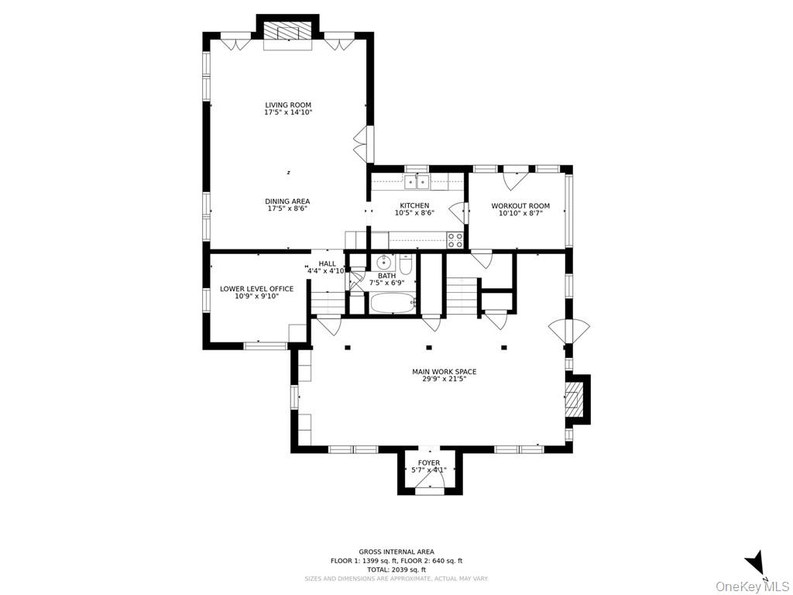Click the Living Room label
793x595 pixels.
pyautogui.click(x=288, y=105)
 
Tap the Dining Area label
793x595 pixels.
pyautogui.click(x=288, y=201)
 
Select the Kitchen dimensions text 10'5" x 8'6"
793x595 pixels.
pyautogui.click(x=414, y=213)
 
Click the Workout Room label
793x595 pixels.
pyautogui.click(x=520, y=206)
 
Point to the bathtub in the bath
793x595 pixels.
pyautogui.click(x=393, y=302)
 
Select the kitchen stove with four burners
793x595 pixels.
pyautogui.click(x=455, y=241)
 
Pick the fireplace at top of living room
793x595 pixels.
pyautogui.click(x=287, y=32)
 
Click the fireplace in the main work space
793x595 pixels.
pyautogui.click(x=574, y=399)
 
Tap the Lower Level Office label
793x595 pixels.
pyautogui.click(x=256, y=289)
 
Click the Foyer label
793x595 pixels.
pyautogui.click(x=429, y=463)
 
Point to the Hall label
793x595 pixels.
pyautogui.click(x=327, y=263)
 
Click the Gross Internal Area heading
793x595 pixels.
pyautogui.click(x=396, y=552)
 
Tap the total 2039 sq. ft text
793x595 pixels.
pyautogui.click(x=396, y=569)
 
